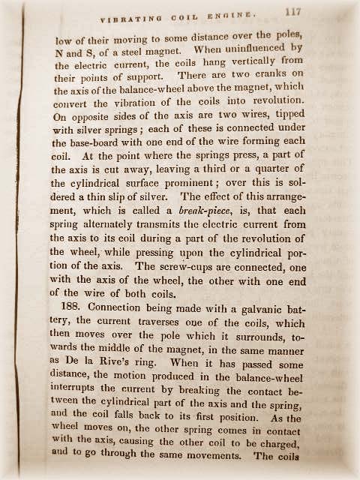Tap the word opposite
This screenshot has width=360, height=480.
tap(86, 120)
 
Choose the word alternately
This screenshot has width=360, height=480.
tap(103, 226)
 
